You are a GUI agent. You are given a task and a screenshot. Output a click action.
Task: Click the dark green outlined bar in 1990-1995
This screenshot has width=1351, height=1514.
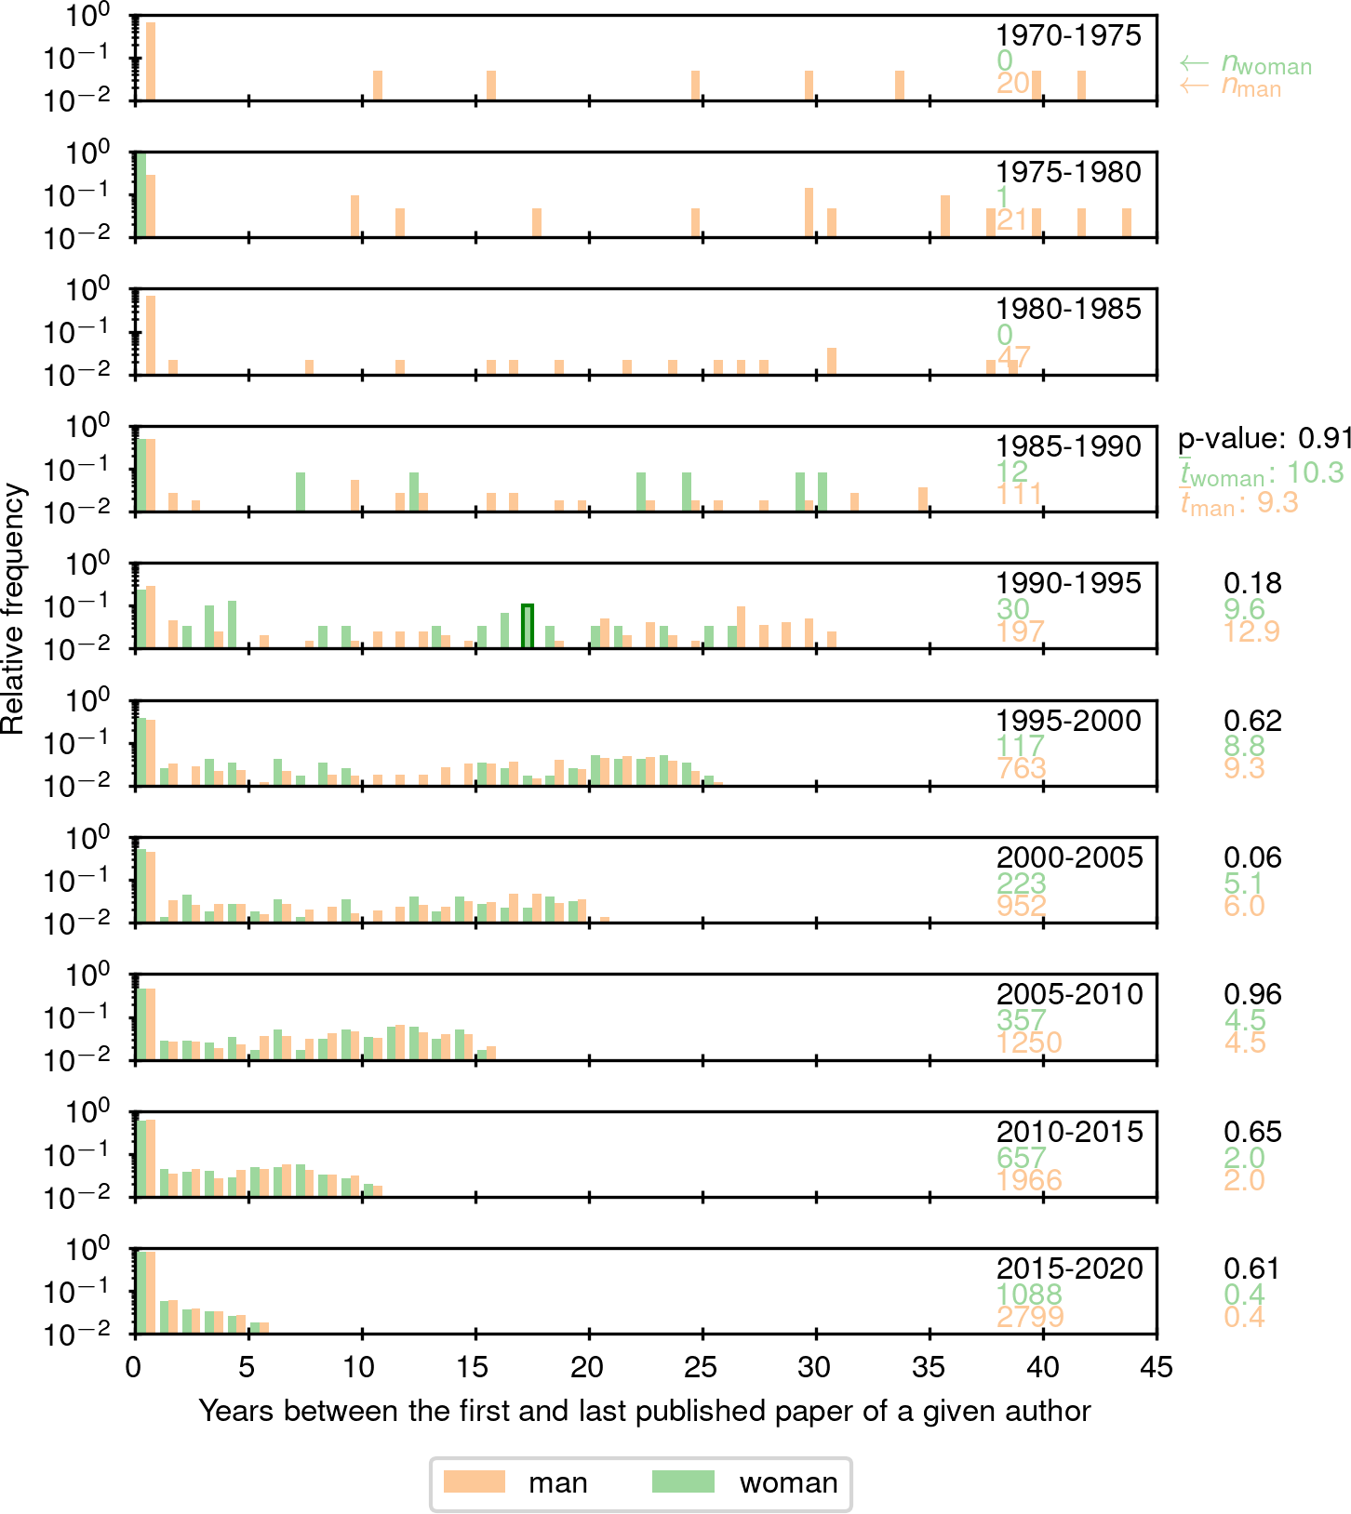click(528, 626)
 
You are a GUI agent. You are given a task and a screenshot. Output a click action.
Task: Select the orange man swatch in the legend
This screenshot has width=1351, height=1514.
click(474, 1481)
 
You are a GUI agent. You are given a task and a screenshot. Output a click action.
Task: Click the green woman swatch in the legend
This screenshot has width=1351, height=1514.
click(683, 1481)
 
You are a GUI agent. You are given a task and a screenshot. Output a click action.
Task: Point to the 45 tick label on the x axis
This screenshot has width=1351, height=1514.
click(1157, 1367)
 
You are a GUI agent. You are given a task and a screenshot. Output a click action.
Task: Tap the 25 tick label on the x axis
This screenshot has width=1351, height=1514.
click(702, 1367)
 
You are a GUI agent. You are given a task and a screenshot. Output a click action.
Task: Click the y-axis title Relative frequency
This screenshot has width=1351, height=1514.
click(13, 608)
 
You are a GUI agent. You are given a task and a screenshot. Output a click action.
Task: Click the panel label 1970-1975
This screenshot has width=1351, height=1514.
click(1068, 35)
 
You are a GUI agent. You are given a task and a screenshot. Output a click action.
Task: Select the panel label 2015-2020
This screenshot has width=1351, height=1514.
click(1069, 1268)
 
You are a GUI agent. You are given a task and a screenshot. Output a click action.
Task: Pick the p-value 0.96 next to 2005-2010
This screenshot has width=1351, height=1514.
click(1252, 994)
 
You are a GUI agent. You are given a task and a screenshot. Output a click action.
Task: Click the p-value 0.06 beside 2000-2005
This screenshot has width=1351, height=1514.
click(1252, 857)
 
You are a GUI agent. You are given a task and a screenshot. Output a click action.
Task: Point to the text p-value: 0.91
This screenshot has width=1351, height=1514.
click(1264, 438)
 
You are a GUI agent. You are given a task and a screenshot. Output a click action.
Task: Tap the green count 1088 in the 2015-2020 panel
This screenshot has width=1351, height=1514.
click(1029, 1295)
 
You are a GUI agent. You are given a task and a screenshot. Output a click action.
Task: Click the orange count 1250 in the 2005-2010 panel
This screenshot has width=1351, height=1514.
click(1029, 1043)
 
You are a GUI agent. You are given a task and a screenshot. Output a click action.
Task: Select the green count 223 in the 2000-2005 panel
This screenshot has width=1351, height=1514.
click(1022, 883)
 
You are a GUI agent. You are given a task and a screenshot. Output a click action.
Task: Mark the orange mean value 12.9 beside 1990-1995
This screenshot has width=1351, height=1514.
click(1251, 631)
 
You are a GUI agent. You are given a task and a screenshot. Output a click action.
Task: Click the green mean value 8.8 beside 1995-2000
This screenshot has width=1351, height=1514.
click(1244, 746)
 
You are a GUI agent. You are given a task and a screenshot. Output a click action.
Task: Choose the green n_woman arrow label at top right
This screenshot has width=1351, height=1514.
click(1246, 64)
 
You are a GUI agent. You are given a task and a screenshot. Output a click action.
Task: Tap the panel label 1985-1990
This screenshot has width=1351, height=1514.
click(1068, 446)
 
